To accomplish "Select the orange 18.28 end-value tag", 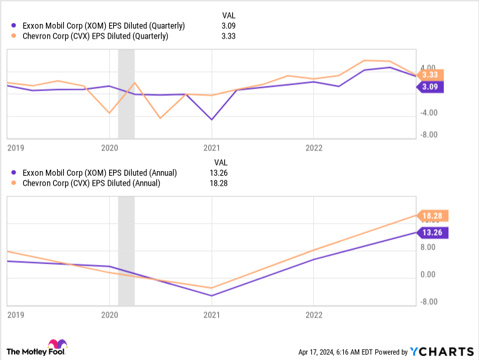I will [432, 216].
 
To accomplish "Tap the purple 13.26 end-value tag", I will [432, 232].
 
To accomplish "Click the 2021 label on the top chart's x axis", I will [212, 147].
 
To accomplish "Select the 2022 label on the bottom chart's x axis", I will [314, 315].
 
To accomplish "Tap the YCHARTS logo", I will [439, 351].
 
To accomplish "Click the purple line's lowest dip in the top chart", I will [212, 120].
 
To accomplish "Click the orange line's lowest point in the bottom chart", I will [212, 288].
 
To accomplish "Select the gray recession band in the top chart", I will [126, 93].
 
